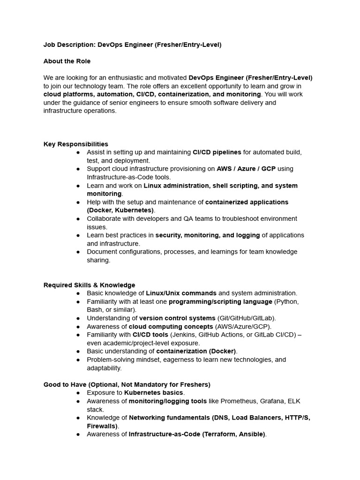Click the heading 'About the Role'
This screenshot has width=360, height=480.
[67, 61]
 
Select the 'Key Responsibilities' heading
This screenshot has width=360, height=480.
[76, 144]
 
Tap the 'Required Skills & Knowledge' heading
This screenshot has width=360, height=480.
[89, 285]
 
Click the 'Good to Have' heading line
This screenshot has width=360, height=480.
[127, 384]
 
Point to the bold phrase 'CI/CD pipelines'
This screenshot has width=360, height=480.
[217, 152]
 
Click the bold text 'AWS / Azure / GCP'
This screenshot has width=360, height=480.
[246, 169]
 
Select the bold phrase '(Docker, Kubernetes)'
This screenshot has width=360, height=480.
[120, 210]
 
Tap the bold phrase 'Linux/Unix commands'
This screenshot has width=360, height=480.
[181, 293]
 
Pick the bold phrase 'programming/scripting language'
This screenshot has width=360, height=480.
[220, 301]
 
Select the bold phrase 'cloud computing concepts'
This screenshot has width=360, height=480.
[171, 327]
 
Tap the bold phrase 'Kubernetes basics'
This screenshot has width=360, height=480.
[154, 393]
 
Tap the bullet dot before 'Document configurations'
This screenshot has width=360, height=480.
[78, 252]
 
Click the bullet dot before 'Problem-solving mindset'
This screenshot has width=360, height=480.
[78, 360]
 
